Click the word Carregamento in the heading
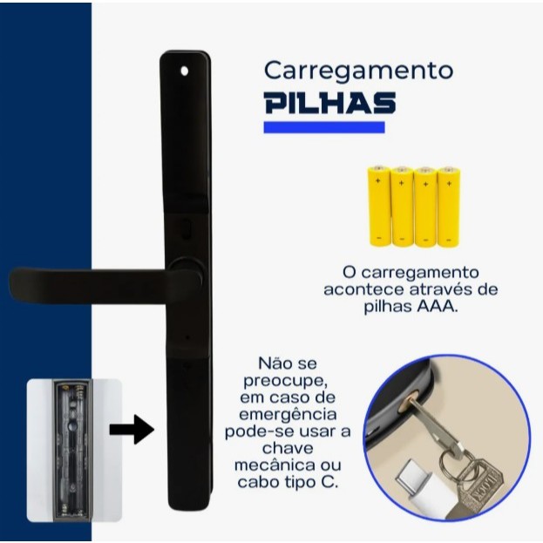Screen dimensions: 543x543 click(x=358, y=71)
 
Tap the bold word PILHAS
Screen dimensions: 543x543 click(x=330, y=103)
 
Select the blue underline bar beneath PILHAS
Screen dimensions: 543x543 click(x=324, y=127)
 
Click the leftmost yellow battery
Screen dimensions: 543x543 click(x=379, y=206)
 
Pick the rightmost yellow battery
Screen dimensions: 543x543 click(x=449, y=207)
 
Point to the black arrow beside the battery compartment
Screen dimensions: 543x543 click(x=132, y=430)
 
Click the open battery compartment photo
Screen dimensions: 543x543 click(x=74, y=451)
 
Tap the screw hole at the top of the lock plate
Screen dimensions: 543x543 click(x=185, y=71)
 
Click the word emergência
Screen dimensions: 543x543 click(x=288, y=414)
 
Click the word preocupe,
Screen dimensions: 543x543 click(x=286, y=381)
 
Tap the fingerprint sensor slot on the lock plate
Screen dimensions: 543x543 click(x=187, y=227)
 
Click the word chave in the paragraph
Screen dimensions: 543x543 click(x=288, y=448)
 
